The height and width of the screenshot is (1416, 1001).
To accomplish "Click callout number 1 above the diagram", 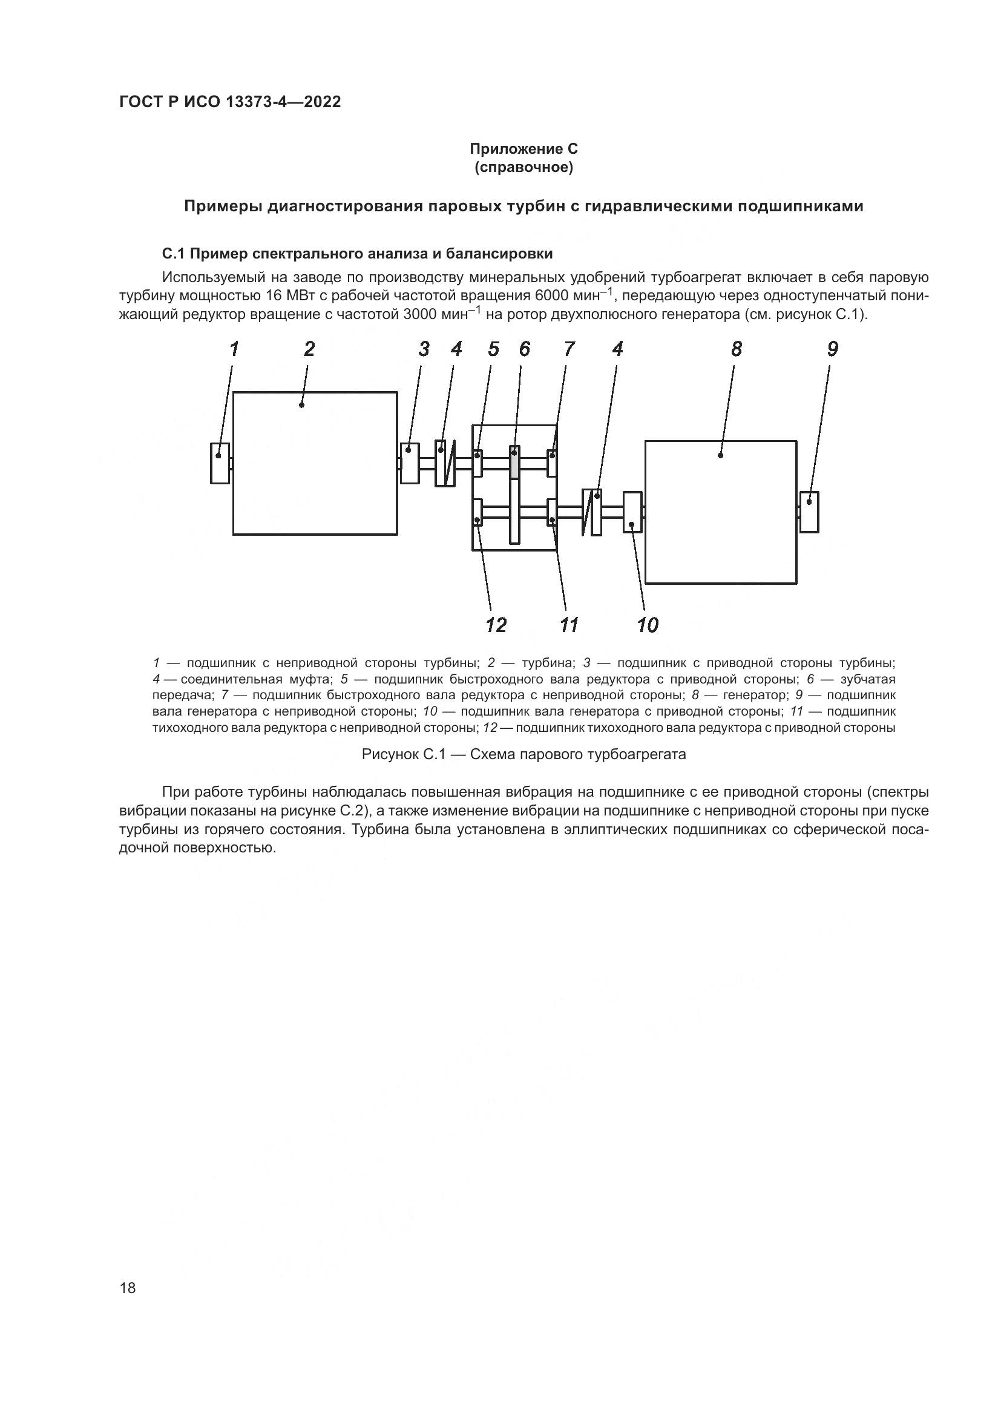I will point(234,349).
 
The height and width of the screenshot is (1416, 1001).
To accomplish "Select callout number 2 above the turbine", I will point(309,349).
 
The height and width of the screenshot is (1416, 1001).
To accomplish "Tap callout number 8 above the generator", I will point(737,349).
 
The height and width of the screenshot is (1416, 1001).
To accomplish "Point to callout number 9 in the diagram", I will point(833,349).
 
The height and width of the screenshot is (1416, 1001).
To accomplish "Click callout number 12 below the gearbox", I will point(496,625).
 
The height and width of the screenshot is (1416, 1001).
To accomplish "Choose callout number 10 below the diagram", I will point(648,625).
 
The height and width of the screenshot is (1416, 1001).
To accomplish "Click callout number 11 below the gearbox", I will point(569,625).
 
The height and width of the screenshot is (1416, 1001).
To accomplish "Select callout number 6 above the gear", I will point(524,349).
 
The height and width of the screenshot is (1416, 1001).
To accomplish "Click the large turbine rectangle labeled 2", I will point(315,463).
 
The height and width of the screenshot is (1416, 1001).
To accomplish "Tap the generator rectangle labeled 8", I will point(721,512).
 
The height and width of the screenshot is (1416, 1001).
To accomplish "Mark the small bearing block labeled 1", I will point(220,463).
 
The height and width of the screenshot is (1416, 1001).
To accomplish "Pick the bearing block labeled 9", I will point(809,512).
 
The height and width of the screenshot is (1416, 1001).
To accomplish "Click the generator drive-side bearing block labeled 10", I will point(632,512).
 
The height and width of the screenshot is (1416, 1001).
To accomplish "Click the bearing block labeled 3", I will point(409,463).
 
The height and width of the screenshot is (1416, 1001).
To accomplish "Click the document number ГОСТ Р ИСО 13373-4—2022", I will point(230,102).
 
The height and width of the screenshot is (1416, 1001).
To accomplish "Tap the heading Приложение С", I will point(523,149).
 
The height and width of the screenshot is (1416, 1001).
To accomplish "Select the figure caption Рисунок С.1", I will point(523,754).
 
